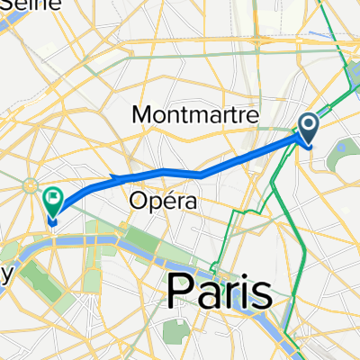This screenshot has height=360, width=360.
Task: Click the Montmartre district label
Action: (x=195, y=114)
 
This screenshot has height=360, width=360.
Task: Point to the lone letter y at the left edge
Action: (x=4, y=276)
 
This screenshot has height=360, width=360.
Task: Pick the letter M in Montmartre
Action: (x=142, y=114)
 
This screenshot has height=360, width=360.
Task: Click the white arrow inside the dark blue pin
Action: (x=308, y=125)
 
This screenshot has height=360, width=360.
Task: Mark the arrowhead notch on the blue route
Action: (x=112, y=177)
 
